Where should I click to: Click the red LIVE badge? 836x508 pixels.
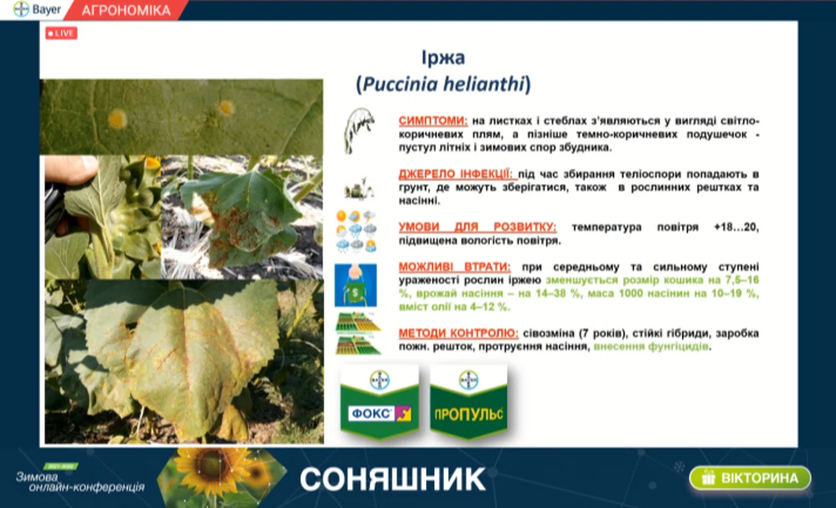click(x=61, y=33)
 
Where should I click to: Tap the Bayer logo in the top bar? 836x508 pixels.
click(x=37, y=9)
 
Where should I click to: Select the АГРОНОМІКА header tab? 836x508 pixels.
click(x=126, y=10)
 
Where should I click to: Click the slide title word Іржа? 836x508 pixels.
click(x=443, y=58)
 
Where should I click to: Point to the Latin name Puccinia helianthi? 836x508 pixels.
click(x=443, y=84)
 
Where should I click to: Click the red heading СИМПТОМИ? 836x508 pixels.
click(x=433, y=121)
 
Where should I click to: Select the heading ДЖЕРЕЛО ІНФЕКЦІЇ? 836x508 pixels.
click(x=458, y=174)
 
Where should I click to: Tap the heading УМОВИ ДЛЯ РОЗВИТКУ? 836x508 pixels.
click(x=477, y=227)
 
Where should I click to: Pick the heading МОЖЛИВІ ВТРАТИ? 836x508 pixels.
click(x=455, y=266)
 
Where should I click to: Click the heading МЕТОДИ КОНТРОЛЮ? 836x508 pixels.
click(x=458, y=333)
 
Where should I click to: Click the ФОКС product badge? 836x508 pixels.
click(x=379, y=402)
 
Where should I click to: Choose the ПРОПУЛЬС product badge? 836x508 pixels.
click(x=469, y=402)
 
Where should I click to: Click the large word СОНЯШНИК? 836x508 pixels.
click(x=393, y=479)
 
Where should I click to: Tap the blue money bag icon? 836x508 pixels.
click(x=355, y=285)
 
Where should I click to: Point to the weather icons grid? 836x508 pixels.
click(x=357, y=232)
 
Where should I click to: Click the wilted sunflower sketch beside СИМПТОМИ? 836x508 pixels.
click(x=359, y=131)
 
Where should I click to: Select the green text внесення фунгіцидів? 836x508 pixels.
click(x=651, y=347)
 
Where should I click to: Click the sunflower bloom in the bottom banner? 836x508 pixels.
click(x=213, y=471)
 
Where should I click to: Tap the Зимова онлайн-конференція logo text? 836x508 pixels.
click(x=80, y=482)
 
